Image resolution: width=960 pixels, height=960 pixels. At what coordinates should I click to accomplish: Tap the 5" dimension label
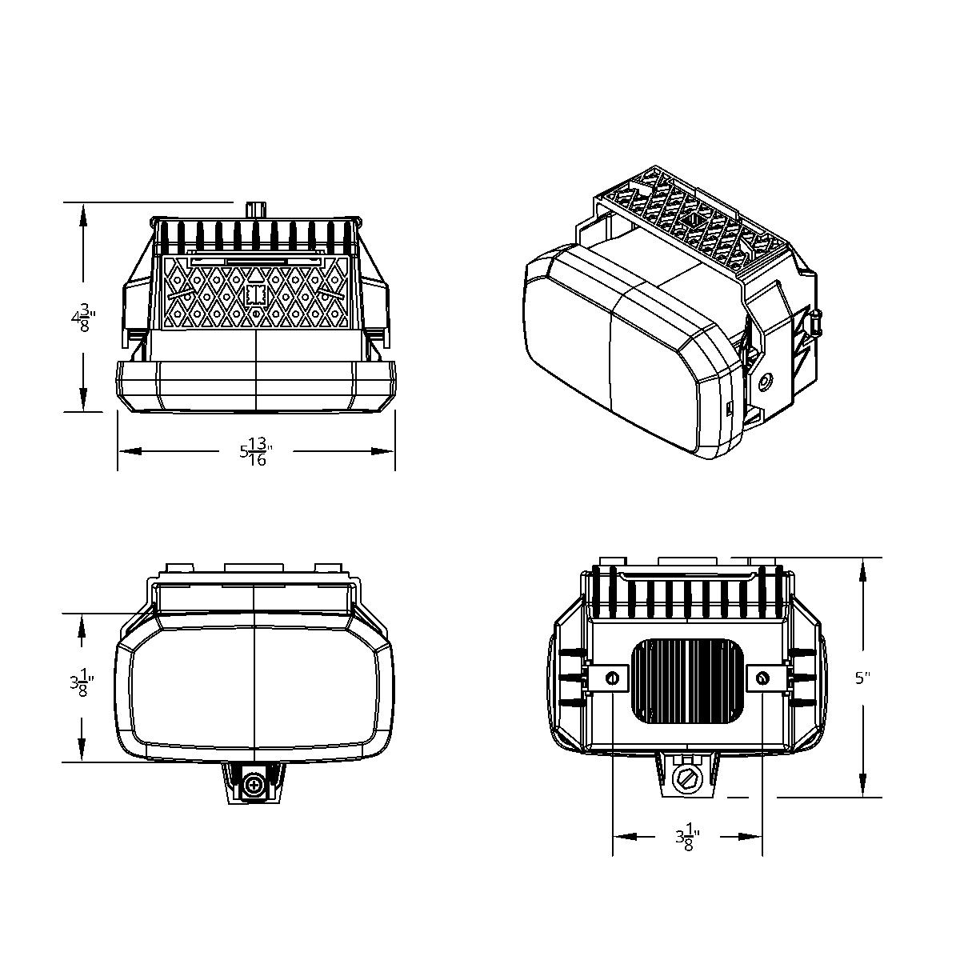click(x=862, y=678)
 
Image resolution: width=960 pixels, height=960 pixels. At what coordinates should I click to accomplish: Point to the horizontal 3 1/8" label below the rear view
click(x=687, y=838)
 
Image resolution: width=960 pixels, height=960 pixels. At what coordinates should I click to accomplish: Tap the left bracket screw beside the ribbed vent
click(x=613, y=678)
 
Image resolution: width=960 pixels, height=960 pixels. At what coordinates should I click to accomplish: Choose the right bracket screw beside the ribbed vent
click(x=762, y=678)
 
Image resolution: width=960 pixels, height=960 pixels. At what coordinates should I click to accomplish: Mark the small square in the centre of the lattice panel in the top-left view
click(x=255, y=295)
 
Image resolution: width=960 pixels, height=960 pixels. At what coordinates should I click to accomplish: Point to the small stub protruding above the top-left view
click(x=255, y=208)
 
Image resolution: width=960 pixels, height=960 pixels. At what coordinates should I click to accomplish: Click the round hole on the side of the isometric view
click(x=767, y=382)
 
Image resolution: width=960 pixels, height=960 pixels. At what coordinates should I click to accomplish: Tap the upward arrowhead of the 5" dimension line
click(x=862, y=570)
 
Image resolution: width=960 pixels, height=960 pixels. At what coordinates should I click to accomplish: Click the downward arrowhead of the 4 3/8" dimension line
click(x=82, y=400)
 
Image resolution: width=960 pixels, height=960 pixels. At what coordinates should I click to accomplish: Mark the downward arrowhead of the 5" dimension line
click(x=862, y=786)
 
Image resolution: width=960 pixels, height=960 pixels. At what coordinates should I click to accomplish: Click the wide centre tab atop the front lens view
click(x=254, y=567)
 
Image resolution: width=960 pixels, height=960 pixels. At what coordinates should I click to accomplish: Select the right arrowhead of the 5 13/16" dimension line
click(x=384, y=451)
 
